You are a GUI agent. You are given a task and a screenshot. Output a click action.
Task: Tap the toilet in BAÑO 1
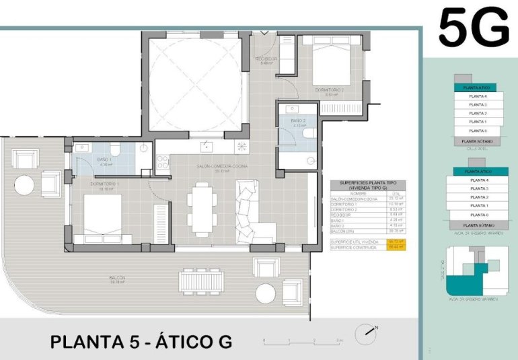(114, 149)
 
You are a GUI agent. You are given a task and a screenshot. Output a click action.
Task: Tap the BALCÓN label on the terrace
(118, 280)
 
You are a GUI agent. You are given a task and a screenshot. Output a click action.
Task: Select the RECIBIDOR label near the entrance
(266, 61)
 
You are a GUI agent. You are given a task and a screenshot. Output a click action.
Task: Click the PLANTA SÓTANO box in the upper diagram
(478, 141)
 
